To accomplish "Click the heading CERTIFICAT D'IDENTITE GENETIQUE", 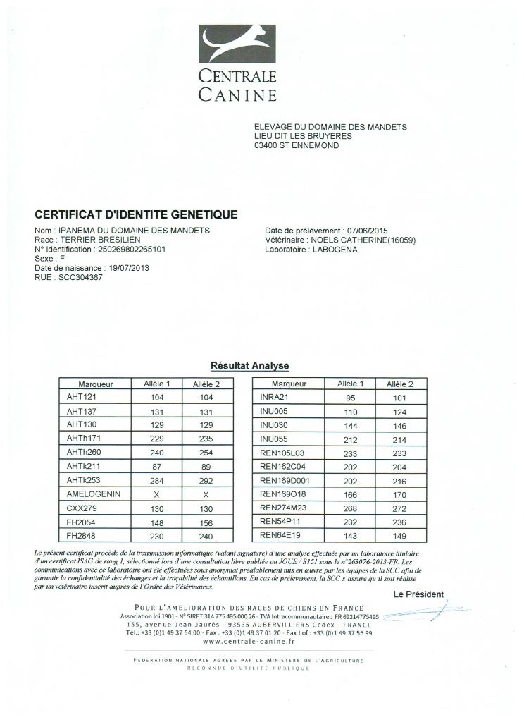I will [137, 214].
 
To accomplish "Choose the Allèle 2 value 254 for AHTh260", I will [201, 452].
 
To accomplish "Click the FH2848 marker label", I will [80, 535].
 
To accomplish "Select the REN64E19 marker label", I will [280, 535].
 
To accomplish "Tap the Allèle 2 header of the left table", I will [201, 384].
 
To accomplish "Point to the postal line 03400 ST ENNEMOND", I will [297, 146].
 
